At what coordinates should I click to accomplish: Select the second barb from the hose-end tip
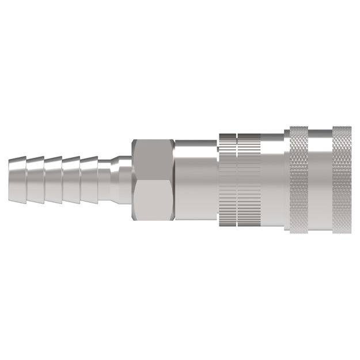(x=36, y=178)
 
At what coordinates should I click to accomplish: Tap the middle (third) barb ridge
(x=54, y=178)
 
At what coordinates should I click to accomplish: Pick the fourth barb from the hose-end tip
(x=71, y=178)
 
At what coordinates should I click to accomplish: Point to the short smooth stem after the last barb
(x=107, y=178)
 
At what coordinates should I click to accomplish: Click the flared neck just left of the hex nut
(x=124, y=178)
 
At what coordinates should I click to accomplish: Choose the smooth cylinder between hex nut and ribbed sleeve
(x=196, y=178)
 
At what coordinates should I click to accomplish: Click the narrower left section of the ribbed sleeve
(x=227, y=178)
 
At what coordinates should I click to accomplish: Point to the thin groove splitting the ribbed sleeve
(x=236, y=178)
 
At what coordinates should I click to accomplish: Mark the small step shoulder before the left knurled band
(x=286, y=178)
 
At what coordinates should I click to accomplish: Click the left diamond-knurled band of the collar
(x=298, y=178)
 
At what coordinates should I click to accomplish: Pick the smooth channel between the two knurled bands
(x=320, y=178)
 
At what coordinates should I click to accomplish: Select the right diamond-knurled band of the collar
(x=342, y=178)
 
